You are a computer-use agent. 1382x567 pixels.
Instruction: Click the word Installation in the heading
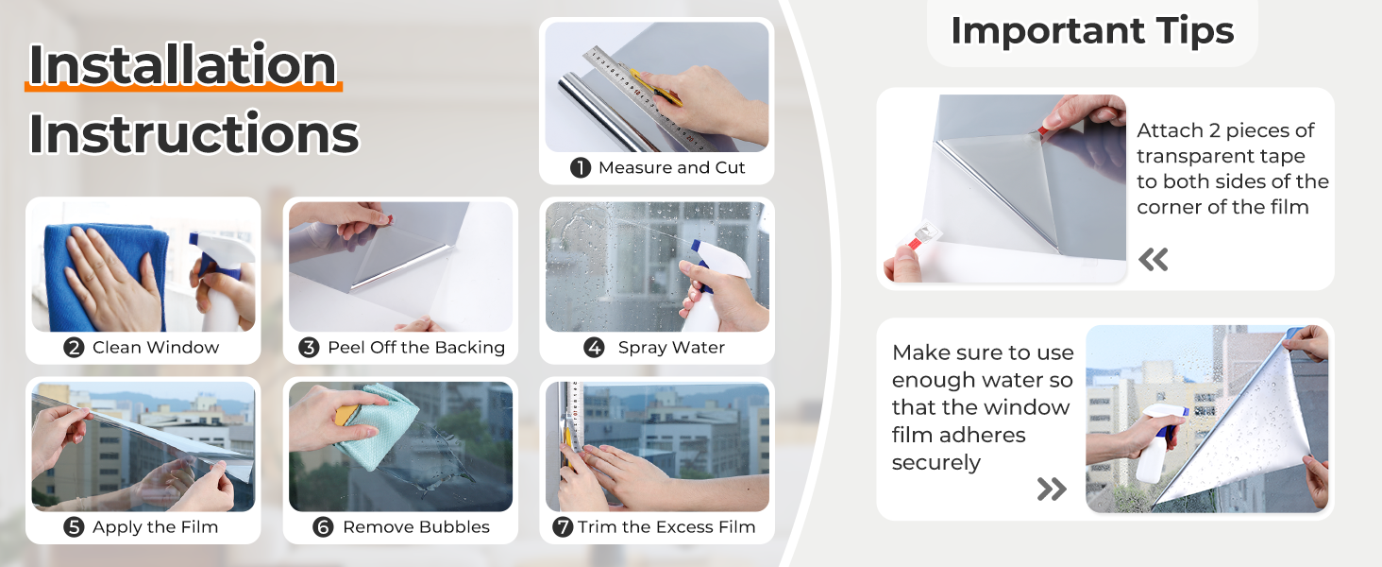pyautogui.click(x=182, y=64)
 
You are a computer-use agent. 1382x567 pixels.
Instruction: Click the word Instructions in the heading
pyautogui.click(x=194, y=132)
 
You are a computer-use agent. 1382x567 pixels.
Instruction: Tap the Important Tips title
pyautogui.click(x=1092, y=30)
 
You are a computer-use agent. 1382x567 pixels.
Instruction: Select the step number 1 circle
pyautogui.click(x=581, y=167)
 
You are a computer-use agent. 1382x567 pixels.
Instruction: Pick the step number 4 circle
pyautogui.click(x=594, y=347)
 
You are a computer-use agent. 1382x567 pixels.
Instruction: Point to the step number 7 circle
pyautogui.click(x=563, y=527)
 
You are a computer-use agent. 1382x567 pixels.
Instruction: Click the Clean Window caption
pyautogui.click(x=156, y=347)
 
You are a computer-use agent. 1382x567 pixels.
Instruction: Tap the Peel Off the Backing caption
pyautogui.click(x=416, y=347)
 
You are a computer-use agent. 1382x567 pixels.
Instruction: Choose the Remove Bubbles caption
pyautogui.click(x=416, y=527)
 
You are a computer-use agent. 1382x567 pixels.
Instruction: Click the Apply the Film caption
pyautogui.click(x=156, y=527)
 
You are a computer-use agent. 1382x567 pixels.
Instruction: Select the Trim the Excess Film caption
pyautogui.click(x=666, y=527)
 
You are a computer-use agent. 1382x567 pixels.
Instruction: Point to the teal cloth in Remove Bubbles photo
pyautogui.click(x=377, y=426)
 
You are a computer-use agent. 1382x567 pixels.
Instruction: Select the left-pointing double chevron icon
pyautogui.click(x=1154, y=260)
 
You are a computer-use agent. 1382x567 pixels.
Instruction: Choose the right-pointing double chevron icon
pyautogui.click(x=1052, y=489)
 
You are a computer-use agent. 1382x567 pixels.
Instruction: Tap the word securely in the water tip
pyautogui.click(x=935, y=463)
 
